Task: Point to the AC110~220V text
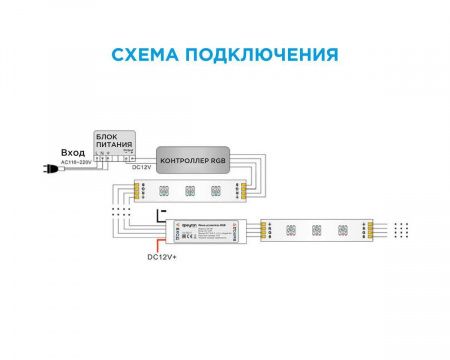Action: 75,161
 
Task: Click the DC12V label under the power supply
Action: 142,169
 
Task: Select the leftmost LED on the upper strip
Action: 162,189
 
